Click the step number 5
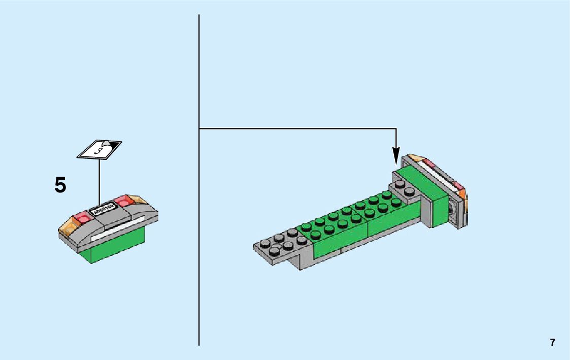60,185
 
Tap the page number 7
553,342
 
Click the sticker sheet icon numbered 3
99,149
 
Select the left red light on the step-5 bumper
83,219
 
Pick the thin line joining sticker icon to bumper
99,183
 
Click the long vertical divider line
199,228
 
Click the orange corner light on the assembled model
462,193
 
